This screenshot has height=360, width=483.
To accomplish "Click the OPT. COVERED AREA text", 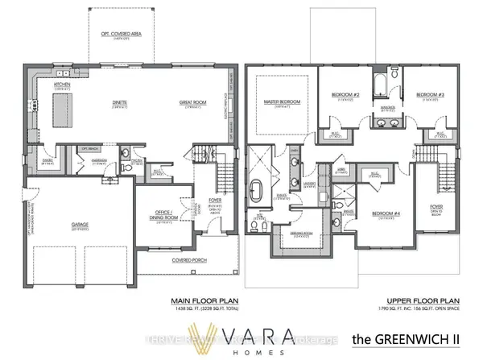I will (120, 35).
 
